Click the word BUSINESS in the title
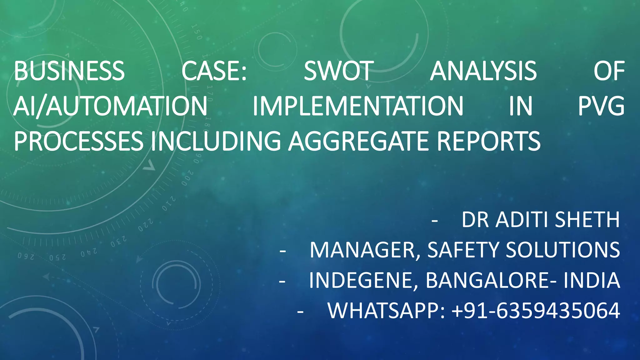[x=69, y=71]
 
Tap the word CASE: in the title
[x=214, y=71]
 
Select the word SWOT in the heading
[x=339, y=71]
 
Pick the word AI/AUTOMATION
[x=110, y=106]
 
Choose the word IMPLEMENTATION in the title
[x=358, y=106]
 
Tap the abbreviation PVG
[x=601, y=106]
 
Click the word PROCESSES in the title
[x=78, y=141]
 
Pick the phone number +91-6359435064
[x=536, y=311]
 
